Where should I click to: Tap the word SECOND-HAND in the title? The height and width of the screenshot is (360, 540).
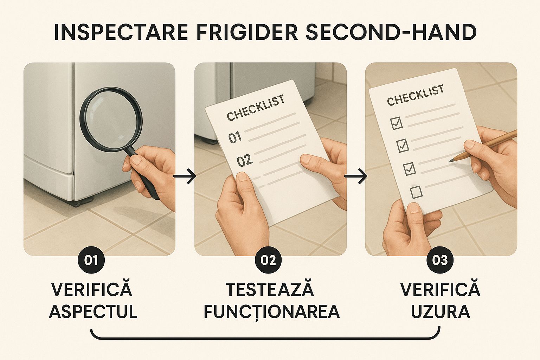(391, 32)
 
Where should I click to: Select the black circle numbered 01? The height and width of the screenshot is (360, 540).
(91, 260)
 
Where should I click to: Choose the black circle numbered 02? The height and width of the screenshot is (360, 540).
(268, 260)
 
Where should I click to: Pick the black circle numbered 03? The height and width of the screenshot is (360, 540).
(440, 260)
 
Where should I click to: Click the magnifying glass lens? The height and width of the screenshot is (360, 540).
(111, 119)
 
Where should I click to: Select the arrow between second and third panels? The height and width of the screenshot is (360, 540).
(355, 176)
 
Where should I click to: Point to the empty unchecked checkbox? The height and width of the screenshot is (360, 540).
(416, 192)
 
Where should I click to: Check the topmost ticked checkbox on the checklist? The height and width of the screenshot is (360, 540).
(396, 123)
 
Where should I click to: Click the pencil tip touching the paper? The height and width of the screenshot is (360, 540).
(451, 160)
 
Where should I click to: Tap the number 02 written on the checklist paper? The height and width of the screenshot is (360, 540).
(245, 161)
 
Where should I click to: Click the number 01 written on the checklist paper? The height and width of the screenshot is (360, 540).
(235, 137)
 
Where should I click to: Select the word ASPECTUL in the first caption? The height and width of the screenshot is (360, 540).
(93, 311)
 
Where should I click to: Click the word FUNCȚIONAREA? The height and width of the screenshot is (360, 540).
(271, 311)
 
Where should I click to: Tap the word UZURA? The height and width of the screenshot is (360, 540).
(440, 311)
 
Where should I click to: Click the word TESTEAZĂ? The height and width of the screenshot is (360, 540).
(270, 290)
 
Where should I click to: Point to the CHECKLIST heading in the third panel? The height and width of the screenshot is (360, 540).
(415, 95)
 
